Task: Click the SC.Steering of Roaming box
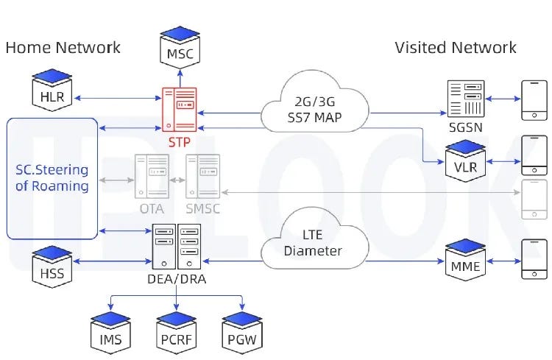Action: pyautogui.click(x=52, y=178)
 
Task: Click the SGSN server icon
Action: pyautogui.click(x=466, y=99)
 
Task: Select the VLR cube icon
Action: pyautogui.click(x=466, y=160)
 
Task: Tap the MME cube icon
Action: pyautogui.click(x=466, y=259)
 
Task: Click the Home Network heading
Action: pyautogui.click(x=63, y=48)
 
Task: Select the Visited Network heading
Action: pyautogui.click(x=456, y=48)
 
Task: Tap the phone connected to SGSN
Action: pyautogui.click(x=534, y=99)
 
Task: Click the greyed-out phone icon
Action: pyautogui.click(x=534, y=199)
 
